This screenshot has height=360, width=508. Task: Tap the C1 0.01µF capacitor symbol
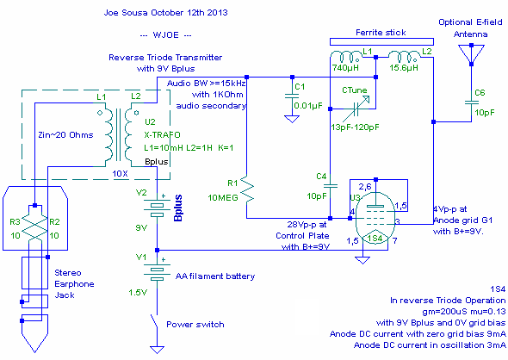[x=292, y=96]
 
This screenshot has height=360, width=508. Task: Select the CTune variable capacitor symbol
[x=356, y=109]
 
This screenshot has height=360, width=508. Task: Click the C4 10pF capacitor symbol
[x=330, y=186]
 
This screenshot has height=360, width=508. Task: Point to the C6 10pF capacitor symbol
[x=471, y=102]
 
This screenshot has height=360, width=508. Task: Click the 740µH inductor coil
[x=345, y=56]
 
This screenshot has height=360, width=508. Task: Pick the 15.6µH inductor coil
[x=404, y=56]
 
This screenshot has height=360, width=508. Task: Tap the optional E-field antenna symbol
[x=471, y=54]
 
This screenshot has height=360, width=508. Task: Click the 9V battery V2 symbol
[x=157, y=208]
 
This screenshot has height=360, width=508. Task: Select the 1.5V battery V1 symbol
[x=157, y=272]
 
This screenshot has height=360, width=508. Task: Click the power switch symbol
[x=154, y=320]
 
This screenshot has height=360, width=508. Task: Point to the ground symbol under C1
[x=292, y=119]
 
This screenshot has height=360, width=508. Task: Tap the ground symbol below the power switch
[x=157, y=350]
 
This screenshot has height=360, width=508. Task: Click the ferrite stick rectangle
[x=381, y=41]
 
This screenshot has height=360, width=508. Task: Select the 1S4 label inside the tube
[x=375, y=239]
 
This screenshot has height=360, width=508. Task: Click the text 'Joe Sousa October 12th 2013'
[x=165, y=13]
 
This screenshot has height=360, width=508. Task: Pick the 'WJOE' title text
[x=165, y=35]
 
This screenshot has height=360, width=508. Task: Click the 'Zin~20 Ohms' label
[x=65, y=135]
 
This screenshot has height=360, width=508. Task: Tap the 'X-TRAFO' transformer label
[x=163, y=135]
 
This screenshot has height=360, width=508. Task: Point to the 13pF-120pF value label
[x=355, y=127]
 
